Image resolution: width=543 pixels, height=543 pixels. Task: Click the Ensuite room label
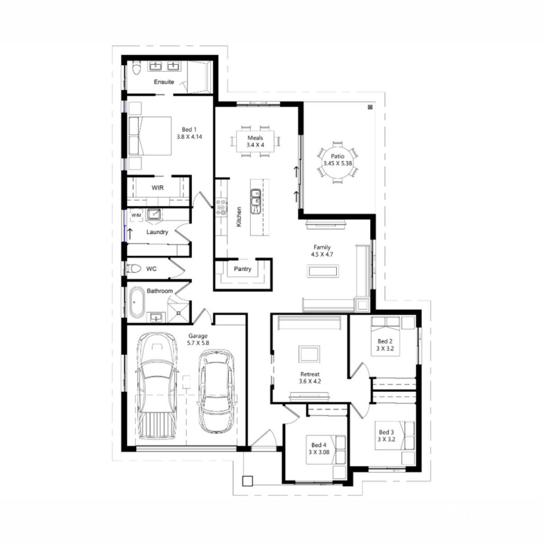click(164, 82)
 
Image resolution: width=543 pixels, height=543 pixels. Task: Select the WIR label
click(157, 188)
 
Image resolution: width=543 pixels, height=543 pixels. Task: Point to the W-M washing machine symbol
click(136, 215)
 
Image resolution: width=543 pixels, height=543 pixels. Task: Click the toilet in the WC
click(134, 268)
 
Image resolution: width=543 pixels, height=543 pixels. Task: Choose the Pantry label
click(243, 269)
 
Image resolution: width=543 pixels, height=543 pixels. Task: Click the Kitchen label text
click(239, 217)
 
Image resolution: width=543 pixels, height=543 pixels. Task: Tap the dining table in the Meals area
click(255, 141)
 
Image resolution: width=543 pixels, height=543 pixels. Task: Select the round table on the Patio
click(338, 161)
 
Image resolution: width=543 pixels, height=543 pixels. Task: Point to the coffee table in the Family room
click(322, 271)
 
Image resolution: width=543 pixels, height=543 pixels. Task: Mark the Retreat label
click(310, 374)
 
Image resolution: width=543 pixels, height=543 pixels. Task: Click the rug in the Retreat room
click(310, 353)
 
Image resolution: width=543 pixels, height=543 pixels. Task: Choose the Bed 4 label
click(319, 445)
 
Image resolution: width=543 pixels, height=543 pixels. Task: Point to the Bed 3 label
click(386, 432)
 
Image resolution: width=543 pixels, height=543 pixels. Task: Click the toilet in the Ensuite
click(136, 68)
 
